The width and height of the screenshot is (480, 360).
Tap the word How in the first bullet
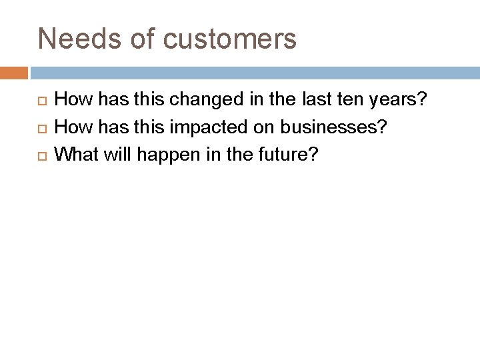[71, 101]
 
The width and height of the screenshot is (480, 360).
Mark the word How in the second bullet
[71, 128]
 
